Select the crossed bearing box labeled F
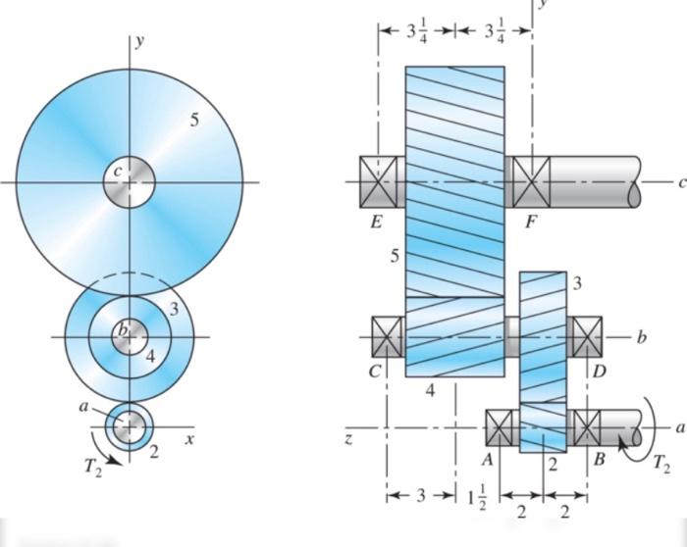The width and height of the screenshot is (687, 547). coord(531,181)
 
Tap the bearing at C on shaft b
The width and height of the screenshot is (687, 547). coord(388,337)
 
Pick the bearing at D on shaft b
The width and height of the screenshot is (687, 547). coord(587,337)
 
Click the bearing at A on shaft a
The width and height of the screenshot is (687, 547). coord(502,428)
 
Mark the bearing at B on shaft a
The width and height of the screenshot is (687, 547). coord(587,428)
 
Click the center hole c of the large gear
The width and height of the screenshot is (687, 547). coord(130,181)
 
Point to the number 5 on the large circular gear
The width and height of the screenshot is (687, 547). coord(194,121)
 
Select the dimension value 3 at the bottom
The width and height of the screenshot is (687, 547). coord(421,496)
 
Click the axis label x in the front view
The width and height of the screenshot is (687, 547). coord(189,440)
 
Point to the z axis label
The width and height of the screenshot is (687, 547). coord(348,440)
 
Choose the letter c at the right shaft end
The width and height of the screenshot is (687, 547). coord(679,182)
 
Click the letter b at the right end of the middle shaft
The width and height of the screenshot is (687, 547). coord(641,337)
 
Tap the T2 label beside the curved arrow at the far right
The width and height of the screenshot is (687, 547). coord(664,465)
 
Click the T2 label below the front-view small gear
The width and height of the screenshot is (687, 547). coord(92,469)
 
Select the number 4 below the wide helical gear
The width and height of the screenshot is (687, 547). coord(456,389)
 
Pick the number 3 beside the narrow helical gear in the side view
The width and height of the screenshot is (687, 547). coord(577,284)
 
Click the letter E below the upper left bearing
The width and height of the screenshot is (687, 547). coord(376,223)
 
